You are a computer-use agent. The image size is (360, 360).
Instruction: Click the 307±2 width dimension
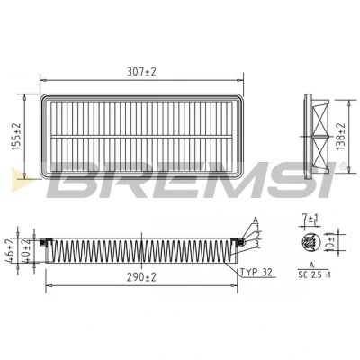[141, 72]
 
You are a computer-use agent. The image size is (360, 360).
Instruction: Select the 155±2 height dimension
[17, 137]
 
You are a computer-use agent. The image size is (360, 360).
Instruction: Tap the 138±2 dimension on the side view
[341, 137]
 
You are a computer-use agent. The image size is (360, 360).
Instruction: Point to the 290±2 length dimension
[141, 277]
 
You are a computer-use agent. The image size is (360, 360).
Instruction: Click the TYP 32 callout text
[256, 272]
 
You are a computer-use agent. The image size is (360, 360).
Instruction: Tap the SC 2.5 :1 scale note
[314, 274]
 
